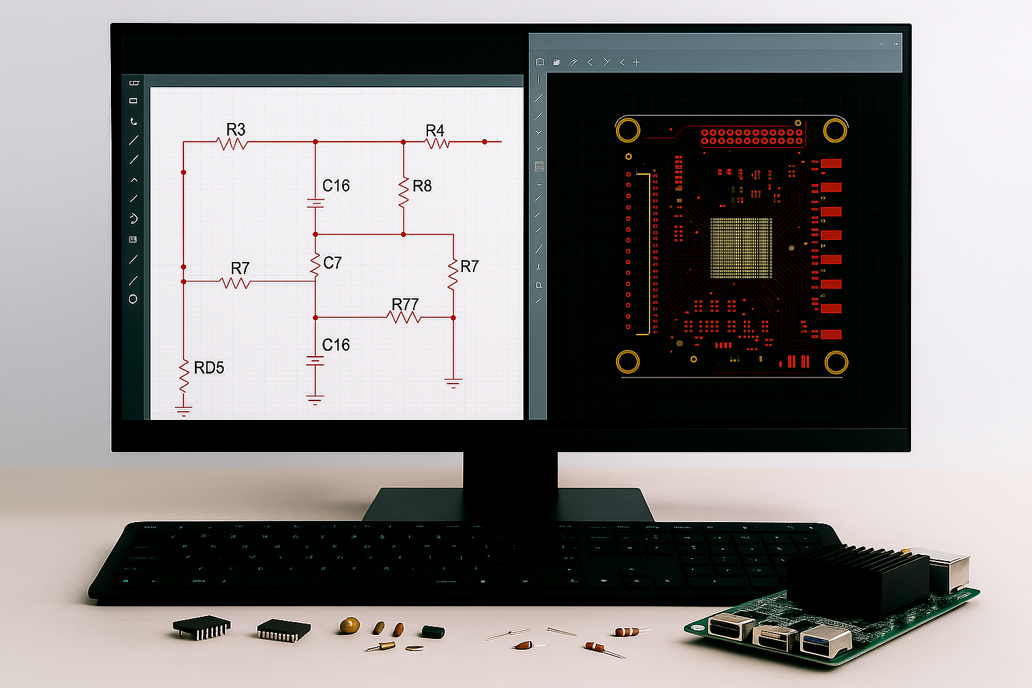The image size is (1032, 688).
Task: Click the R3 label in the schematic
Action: click(x=236, y=129)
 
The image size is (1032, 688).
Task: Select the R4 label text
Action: click(x=435, y=130)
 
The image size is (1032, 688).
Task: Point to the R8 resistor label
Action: click(x=422, y=186)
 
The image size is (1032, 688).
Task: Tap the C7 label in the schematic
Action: click(x=333, y=263)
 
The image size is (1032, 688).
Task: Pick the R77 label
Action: click(x=405, y=305)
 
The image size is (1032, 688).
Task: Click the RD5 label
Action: click(x=209, y=368)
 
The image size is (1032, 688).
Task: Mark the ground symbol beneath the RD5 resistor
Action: click(x=183, y=410)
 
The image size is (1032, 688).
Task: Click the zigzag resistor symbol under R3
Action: click(x=232, y=143)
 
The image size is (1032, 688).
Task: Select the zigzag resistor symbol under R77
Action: click(x=404, y=317)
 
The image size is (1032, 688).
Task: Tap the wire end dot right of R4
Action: click(x=484, y=142)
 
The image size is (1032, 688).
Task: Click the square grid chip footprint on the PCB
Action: click(x=741, y=247)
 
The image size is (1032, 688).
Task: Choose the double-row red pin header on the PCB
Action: click(x=752, y=136)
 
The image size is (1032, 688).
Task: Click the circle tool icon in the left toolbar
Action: click(x=133, y=299)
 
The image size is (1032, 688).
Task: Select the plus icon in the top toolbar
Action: click(x=636, y=62)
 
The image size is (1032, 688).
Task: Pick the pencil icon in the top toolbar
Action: click(x=573, y=62)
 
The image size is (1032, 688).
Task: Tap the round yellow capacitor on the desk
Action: click(x=349, y=626)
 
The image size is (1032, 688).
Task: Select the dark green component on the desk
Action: click(x=433, y=632)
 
